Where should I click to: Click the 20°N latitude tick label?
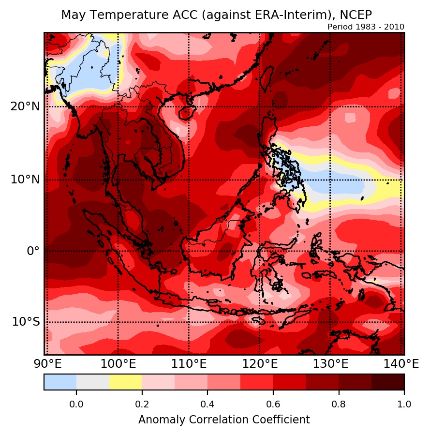[x=25, y=106]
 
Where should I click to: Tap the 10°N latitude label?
[x=25, y=180]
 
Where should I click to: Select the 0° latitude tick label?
[x=33, y=251]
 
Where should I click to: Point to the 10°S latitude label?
[x=25, y=322]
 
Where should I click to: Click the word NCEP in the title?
[x=355, y=15]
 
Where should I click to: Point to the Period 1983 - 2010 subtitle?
[x=366, y=27]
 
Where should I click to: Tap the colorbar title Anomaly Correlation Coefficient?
[x=224, y=420]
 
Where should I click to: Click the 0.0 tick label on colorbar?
[x=76, y=404]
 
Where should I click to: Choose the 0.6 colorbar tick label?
[x=273, y=404]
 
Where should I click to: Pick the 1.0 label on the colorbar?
[x=404, y=404]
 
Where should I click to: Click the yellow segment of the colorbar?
[x=125, y=382]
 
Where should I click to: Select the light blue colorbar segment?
[x=60, y=382]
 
